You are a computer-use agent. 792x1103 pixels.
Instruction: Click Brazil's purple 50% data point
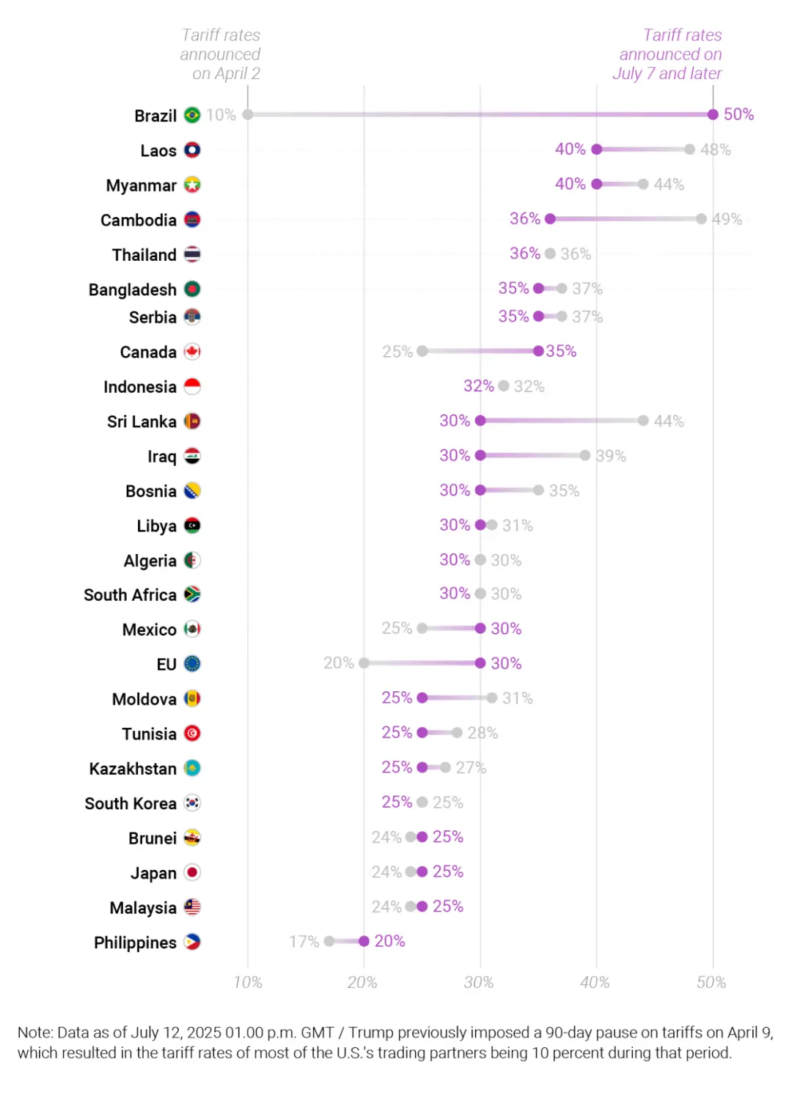click(713, 114)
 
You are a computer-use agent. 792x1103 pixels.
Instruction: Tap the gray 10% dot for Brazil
click(248, 114)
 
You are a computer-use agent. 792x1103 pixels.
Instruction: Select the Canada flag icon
click(192, 352)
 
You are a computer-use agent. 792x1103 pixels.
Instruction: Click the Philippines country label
click(135, 942)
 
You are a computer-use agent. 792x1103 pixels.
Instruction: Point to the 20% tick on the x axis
click(362, 982)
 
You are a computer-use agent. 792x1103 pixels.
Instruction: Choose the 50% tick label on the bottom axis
click(711, 982)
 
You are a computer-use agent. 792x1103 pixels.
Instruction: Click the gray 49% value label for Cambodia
click(727, 219)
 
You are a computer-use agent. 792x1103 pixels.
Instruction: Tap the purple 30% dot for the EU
click(480, 663)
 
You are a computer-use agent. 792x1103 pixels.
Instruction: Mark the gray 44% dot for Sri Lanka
click(643, 421)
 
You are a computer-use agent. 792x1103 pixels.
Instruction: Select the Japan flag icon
click(192, 872)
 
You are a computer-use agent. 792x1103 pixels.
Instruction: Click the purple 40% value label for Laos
click(570, 150)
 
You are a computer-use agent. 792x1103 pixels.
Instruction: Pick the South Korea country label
click(131, 803)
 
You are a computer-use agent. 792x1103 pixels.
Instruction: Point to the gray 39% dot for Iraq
click(585, 455)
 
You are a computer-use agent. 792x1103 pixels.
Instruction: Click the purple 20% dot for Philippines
click(364, 941)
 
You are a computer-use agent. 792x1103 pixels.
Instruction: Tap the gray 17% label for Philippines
click(304, 941)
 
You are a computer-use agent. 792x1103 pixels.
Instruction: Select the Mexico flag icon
click(192, 629)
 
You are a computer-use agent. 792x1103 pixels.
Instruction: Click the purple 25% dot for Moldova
click(422, 698)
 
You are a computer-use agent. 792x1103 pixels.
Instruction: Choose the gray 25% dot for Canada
click(422, 351)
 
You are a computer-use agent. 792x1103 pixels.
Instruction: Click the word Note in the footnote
click(34, 1033)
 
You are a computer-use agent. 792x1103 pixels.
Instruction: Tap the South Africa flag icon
click(192, 594)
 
